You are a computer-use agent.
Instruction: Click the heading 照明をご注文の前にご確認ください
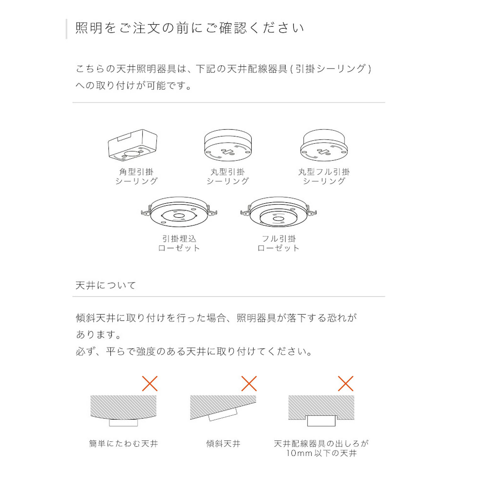coord(189,28)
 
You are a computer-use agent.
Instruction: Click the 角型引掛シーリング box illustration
coord(132,145)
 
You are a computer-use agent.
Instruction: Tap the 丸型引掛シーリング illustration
coord(228,145)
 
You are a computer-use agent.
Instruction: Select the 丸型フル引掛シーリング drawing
coord(324,145)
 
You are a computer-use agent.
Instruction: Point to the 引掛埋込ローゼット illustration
coord(179,212)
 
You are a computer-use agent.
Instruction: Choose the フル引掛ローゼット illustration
coord(279,212)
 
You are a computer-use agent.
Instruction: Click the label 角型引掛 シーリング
coord(136,176)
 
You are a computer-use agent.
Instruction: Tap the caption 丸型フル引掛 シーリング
coord(324,176)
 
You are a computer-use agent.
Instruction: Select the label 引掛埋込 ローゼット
coord(179,243)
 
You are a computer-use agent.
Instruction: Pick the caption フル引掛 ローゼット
coord(279,243)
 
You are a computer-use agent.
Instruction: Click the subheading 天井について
coord(106,285)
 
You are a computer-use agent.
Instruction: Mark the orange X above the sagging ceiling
coord(150,383)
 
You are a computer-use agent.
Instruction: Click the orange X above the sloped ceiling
coord(249,383)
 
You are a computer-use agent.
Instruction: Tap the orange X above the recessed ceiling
coord(346,383)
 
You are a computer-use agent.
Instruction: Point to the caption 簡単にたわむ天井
coord(124,444)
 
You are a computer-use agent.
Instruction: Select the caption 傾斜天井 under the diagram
coord(223,444)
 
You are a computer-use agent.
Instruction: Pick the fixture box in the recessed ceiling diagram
coord(321,421)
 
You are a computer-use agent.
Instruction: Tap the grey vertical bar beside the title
coord(66,29)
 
